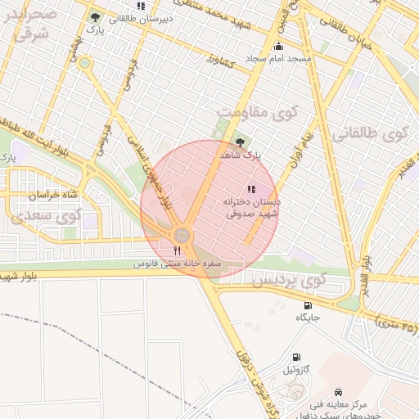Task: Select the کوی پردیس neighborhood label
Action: coord(288,281)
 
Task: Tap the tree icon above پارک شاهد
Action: coord(239,142)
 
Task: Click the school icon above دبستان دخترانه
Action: coord(250,189)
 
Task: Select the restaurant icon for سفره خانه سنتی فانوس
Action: coord(178,250)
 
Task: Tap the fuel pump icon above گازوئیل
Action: coord(295,357)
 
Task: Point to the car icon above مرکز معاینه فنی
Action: coord(339,393)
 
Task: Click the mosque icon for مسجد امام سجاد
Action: coord(278,46)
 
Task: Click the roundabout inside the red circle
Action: coord(182,236)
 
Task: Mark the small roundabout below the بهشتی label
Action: coord(85,62)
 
